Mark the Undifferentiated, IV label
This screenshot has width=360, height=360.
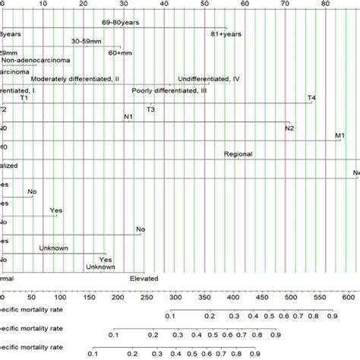(209, 78)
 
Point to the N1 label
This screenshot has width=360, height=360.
(128, 116)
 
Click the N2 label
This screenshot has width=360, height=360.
(289, 128)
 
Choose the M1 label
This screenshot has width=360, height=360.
(339, 136)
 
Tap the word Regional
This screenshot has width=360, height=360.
(238, 154)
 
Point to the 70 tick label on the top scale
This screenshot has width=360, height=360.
(286, 4)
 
